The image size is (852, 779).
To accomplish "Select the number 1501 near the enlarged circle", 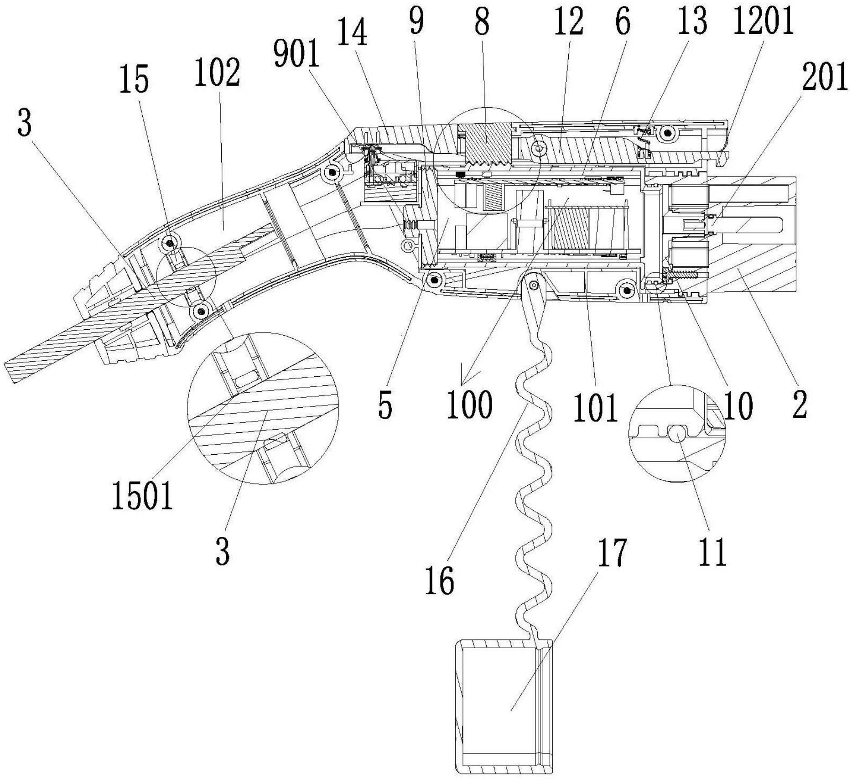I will (x=142, y=496).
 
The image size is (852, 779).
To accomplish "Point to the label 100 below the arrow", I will (x=470, y=404).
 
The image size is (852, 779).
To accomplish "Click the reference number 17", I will (x=612, y=553).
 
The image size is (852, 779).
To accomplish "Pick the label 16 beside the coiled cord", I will (x=440, y=581).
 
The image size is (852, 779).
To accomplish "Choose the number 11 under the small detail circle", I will (x=713, y=552).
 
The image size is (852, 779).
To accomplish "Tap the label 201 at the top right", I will (x=825, y=77).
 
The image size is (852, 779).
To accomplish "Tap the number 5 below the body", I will (x=385, y=406).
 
